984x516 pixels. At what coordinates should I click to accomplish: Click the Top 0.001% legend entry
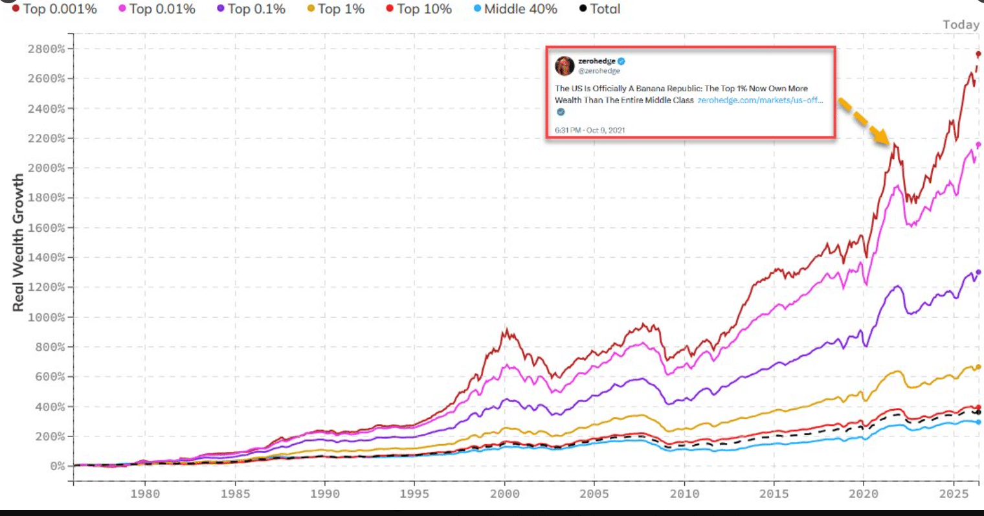point(54,9)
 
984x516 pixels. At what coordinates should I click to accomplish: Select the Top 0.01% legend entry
point(157,9)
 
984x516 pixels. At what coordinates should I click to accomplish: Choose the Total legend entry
point(599,9)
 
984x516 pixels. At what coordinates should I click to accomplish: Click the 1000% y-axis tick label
point(46,317)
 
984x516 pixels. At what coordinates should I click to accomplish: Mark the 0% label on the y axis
point(57,466)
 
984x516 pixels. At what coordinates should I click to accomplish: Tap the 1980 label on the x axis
point(145,494)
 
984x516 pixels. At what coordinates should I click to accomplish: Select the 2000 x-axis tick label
point(504,494)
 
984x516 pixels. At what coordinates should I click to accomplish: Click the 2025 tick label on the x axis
point(954,494)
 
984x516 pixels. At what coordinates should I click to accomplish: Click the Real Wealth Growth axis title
point(18,242)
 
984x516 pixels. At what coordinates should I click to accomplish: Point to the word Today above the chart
point(961,25)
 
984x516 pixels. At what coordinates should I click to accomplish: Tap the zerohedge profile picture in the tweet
point(565,66)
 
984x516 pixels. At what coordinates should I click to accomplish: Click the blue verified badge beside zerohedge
point(621,61)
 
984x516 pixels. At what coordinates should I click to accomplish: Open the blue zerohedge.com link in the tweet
point(761,100)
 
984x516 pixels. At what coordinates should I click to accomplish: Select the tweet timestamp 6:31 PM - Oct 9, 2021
point(590,130)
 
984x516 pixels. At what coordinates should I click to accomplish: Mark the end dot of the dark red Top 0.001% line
point(978,54)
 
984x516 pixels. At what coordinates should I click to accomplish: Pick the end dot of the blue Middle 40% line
point(978,422)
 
